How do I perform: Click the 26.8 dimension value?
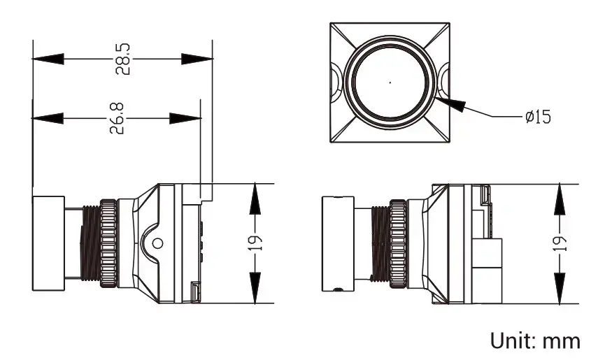118,118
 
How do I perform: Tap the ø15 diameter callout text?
539,117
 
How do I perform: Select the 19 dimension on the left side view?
255,243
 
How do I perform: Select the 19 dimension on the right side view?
560,243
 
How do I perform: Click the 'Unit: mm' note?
535,340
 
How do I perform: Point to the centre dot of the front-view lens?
390,82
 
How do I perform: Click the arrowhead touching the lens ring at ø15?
450,103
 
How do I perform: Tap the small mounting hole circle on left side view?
157,243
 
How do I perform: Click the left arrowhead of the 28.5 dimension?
48,59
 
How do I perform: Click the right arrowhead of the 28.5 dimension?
197,59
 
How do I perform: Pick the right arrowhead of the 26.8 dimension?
185,118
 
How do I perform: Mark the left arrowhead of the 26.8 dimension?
48,118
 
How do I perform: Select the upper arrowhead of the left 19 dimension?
255,199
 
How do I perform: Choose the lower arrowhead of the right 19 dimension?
560,288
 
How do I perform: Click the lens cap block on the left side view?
48,243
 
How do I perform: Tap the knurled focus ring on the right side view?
398,243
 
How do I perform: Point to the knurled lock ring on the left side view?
108,243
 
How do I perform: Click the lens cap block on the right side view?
338,243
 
